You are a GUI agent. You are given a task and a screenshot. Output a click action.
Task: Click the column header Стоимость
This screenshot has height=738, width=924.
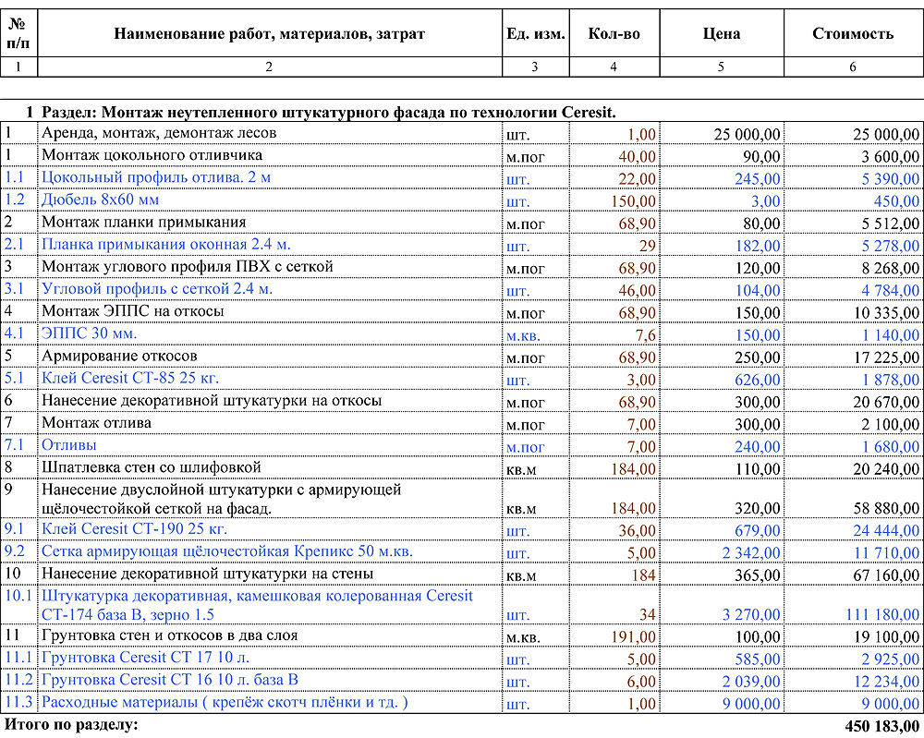[x=852, y=34]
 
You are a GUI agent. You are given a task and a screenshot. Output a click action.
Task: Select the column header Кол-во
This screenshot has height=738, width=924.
[x=614, y=34]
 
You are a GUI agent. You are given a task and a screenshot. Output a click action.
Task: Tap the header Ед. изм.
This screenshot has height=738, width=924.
[x=535, y=34]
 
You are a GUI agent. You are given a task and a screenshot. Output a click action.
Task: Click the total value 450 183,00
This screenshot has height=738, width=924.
[x=882, y=726]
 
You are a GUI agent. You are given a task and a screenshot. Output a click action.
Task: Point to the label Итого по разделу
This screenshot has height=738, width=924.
[x=71, y=725]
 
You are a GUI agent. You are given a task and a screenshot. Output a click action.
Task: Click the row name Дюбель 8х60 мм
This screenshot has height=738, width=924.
[x=100, y=200]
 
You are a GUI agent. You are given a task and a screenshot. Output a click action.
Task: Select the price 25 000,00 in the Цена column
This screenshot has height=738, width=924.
[x=747, y=135]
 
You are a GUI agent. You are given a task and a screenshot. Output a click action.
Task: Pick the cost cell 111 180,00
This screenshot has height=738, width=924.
[x=882, y=615]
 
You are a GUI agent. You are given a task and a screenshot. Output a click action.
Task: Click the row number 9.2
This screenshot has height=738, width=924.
[x=16, y=552]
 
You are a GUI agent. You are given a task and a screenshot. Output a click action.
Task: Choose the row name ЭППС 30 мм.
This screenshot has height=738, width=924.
[x=89, y=333]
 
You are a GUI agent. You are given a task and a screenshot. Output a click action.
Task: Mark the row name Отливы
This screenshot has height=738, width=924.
[x=69, y=445]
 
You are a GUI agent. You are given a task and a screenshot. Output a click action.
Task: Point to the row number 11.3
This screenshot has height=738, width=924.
[x=18, y=703]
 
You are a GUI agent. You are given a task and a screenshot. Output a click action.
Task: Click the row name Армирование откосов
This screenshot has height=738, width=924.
[x=119, y=356]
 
